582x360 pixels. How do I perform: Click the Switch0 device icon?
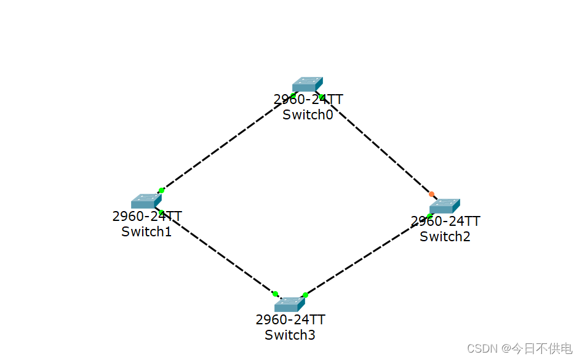[307, 85]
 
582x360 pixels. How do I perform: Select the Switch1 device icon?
[146, 201]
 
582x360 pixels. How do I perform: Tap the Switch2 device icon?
[444, 206]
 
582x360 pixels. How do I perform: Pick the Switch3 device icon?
[289, 304]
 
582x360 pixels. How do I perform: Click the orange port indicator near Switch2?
[431, 194]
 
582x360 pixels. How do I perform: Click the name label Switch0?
[308, 114]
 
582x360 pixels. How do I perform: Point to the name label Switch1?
[146, 231]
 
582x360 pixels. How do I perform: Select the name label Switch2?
[445, 236]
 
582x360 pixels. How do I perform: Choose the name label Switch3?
[290, 335]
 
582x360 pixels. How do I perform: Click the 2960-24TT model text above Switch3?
[290, 320]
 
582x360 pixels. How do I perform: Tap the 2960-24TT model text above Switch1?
[146, 216]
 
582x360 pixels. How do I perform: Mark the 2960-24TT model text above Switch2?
[445, 221]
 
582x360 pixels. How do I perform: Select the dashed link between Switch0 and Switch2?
[376, 145]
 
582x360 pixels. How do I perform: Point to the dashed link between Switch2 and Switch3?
[367, 255]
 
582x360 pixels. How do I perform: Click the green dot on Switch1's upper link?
[161, 190]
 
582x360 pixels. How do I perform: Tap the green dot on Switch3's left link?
[275, 294]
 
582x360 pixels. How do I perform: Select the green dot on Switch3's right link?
[305, 295]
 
